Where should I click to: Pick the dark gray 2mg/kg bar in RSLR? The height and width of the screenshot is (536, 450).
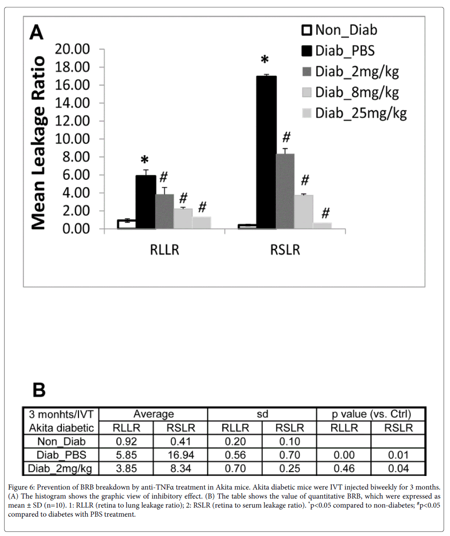[285, 191]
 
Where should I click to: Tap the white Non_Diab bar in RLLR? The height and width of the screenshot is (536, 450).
[126, 224]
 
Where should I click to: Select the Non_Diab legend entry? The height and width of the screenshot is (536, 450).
[340, 30]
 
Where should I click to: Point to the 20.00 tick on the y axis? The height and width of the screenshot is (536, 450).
[73, 49]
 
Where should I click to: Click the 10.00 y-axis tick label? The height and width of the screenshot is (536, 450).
[73, 139]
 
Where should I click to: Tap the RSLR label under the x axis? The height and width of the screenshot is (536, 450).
[285, 249]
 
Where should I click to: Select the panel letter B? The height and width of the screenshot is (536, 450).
[39, 390]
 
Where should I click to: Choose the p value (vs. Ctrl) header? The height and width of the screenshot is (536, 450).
[371, 414]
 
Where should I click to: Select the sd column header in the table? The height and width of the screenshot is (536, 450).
[262, 414]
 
